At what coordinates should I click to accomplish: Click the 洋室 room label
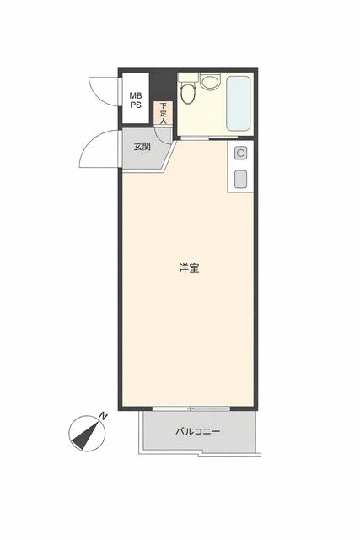point(190,268)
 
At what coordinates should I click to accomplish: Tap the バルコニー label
point(197,431)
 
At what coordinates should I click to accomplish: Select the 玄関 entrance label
point(142,147)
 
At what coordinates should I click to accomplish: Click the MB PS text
point(136,100)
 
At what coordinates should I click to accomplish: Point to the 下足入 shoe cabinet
point(163,113)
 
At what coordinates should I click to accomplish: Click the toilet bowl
point(187,94)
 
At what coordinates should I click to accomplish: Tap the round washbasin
point(210,83)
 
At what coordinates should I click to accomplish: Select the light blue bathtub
point(238,103)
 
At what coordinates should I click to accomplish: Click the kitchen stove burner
point(240,153)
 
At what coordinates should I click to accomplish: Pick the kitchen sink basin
point(240,179)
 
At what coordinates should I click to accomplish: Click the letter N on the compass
point(103,416)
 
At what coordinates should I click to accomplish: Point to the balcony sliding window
point(191,408)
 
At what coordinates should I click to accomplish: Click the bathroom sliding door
point(209,138)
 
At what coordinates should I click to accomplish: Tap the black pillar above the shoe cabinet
point(163,86)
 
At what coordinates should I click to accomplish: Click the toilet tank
point(189,78)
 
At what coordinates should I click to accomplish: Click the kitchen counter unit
point(240,166)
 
